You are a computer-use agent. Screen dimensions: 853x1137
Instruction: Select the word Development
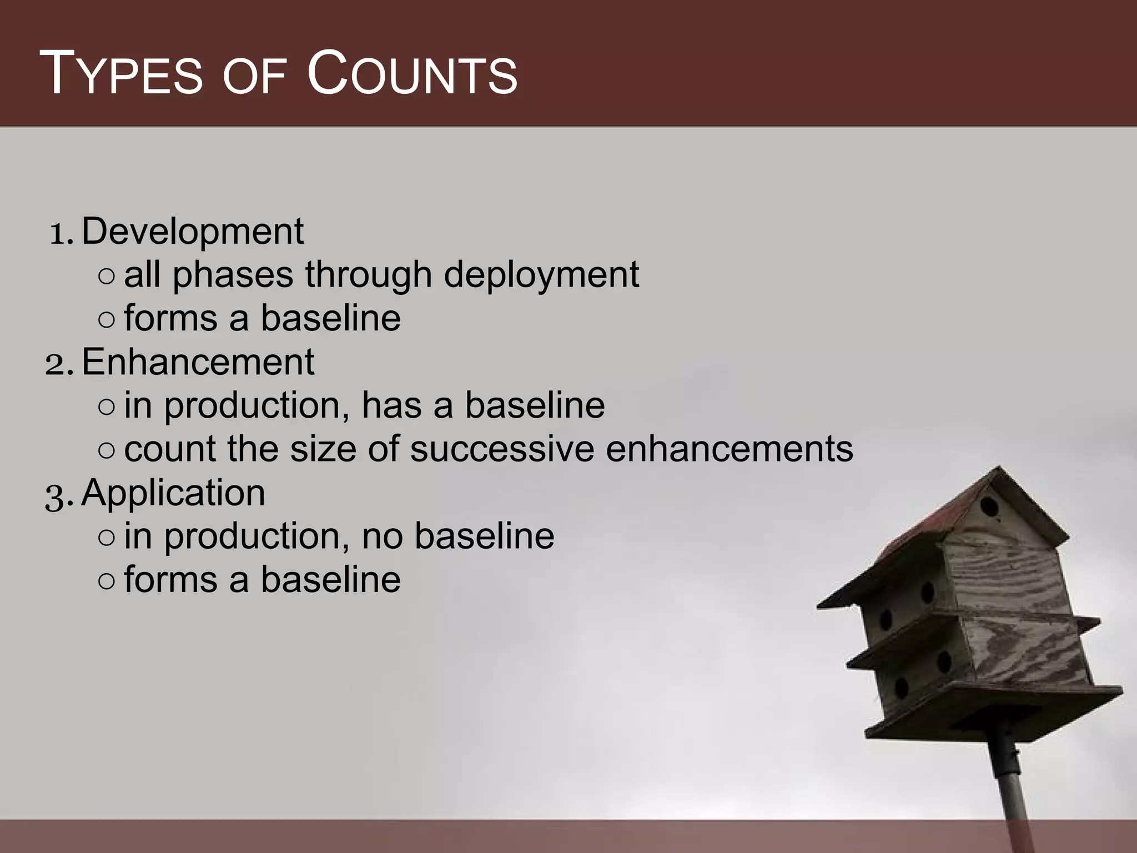tap(193, 232)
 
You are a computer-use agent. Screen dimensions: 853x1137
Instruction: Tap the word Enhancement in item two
tap(198, 362)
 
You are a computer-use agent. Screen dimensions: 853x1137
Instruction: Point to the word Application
tap(173, 493)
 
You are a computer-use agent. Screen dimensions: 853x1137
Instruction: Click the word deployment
tap(541, 275)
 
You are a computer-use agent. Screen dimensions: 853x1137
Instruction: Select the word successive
tap(502, 449)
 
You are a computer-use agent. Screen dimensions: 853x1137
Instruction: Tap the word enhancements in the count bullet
tap(729, 449)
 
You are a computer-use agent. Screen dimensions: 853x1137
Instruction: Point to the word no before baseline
tap(383, 536)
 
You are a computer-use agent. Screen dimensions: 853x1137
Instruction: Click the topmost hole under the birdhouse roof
tap(989, 506)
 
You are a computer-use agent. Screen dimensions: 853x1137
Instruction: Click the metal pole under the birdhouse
tap(1015, 789)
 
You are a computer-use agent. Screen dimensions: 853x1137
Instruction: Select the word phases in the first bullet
tap(233, 275)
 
